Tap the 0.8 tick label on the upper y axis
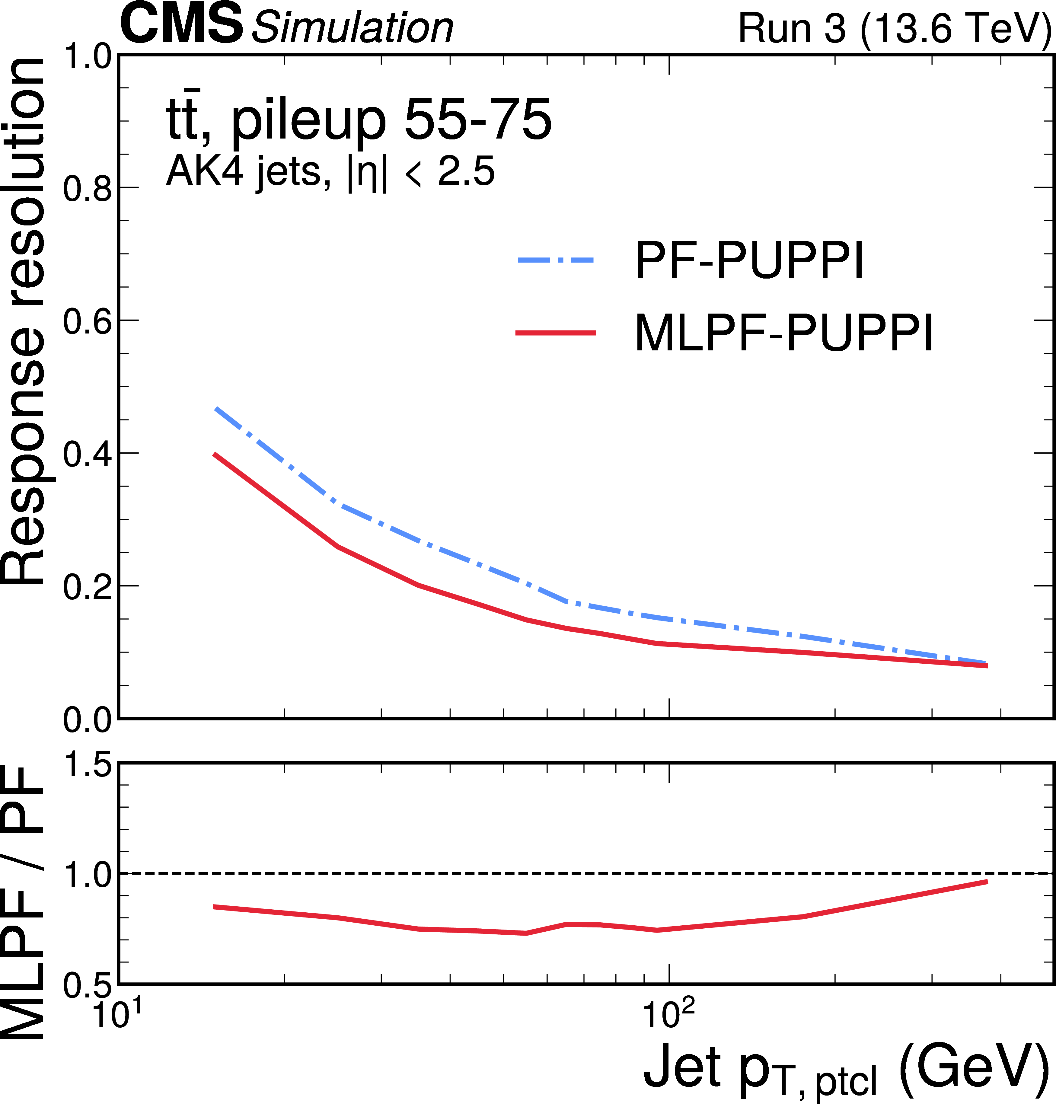tap(87, 189)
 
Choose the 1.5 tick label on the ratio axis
tap(87, 764)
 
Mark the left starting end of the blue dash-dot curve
tap(215, 408)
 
